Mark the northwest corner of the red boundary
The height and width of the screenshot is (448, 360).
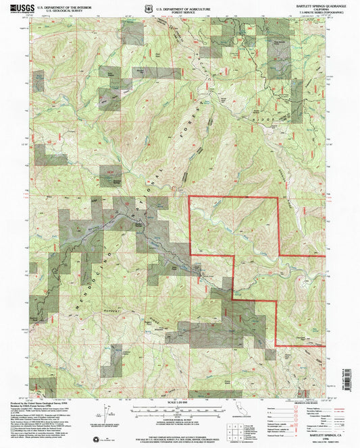pos(188,196)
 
